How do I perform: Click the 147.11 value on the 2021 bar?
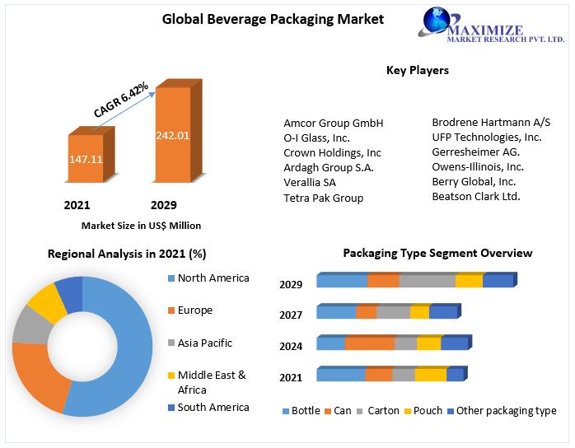(x=86, y=159)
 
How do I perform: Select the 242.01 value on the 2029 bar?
(x=173, y=135)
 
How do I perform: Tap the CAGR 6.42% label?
(x=121, y=100)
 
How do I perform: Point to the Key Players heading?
(x=418, y=71)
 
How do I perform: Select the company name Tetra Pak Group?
(x=323, y=198)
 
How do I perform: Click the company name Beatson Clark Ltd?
(x=476, y=196)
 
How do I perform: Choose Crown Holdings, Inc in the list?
(x=332, y=153)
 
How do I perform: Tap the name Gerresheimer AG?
(x=475, y=152)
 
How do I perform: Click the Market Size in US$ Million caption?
(x=141, y=225)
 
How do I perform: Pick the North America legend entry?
(x=213, y=278)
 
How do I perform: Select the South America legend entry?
(x=213, y=408)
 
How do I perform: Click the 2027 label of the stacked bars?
(x=291, y=315)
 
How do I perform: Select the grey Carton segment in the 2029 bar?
(x=427, y=281)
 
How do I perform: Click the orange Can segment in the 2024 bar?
(x=370, y=343)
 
